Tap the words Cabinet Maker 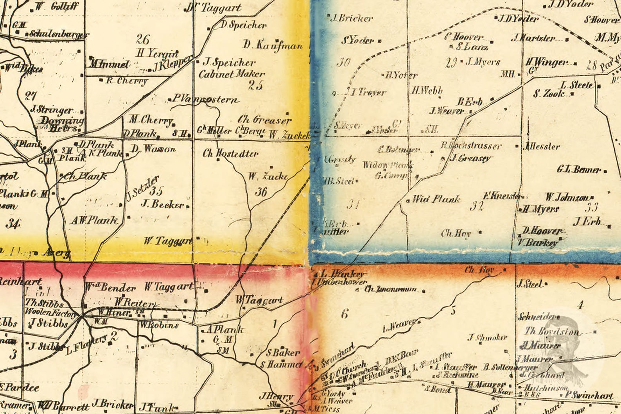pyautogui.click(x=232, y=74)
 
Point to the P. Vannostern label pyautogui.click(x=205, y=100)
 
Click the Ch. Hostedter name pyautogui.click(x=230, y=154)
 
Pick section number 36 pyautogui.click(x=261, y=192)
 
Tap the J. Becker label pyautogui.click(x=162, y=204)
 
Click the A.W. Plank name pyautogui.click(x=94, y=220)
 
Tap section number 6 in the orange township pyautogui.click(x=344, y=314)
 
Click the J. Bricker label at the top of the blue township pyautogui.click(x=352, y=18)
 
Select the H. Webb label pyautogui.click(x=426, y=90)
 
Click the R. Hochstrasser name pyautogui.click(x=471, y=146)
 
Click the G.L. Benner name pyautogui.click(x=579, y=170)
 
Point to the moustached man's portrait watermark pyautogui.click(x=563, y=344)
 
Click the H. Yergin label pyautogui.click(x=157, y=53)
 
